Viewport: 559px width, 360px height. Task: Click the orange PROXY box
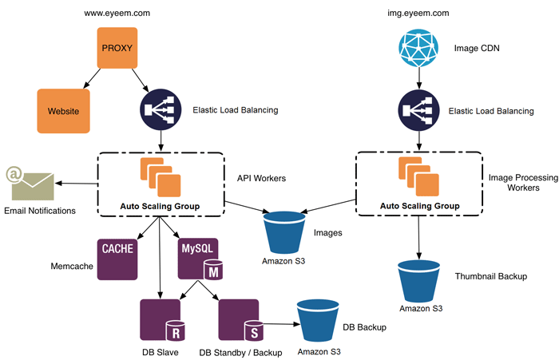[x=117, y=49]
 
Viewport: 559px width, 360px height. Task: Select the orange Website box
[x=63, y=110]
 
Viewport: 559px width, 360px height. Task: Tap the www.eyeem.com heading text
[x=117, y=14]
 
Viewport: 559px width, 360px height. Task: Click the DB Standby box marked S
[x=238, y=320]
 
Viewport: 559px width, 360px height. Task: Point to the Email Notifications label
[x=40, y=211]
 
